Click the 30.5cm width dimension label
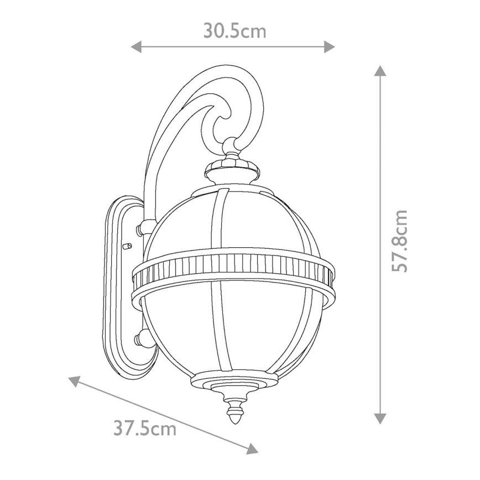pyautogui.click(x=234, y=31)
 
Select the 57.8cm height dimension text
pyautogui.click(x=399, y=241)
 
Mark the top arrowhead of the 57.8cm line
pyautogui.click(x=379, y=71)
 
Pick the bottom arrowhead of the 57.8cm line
pyautogui.click(x=379, y=419)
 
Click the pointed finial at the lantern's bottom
pyautogui.click(x=235, y=412)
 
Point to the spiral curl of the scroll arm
pyautogui.click(x=221, y=116)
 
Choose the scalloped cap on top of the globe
pyautogui.click(x=233, y=166)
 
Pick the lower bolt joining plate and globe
pyautogui.click(x=143, y=338)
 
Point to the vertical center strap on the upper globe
pyautogui.click(x=222, y=218)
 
